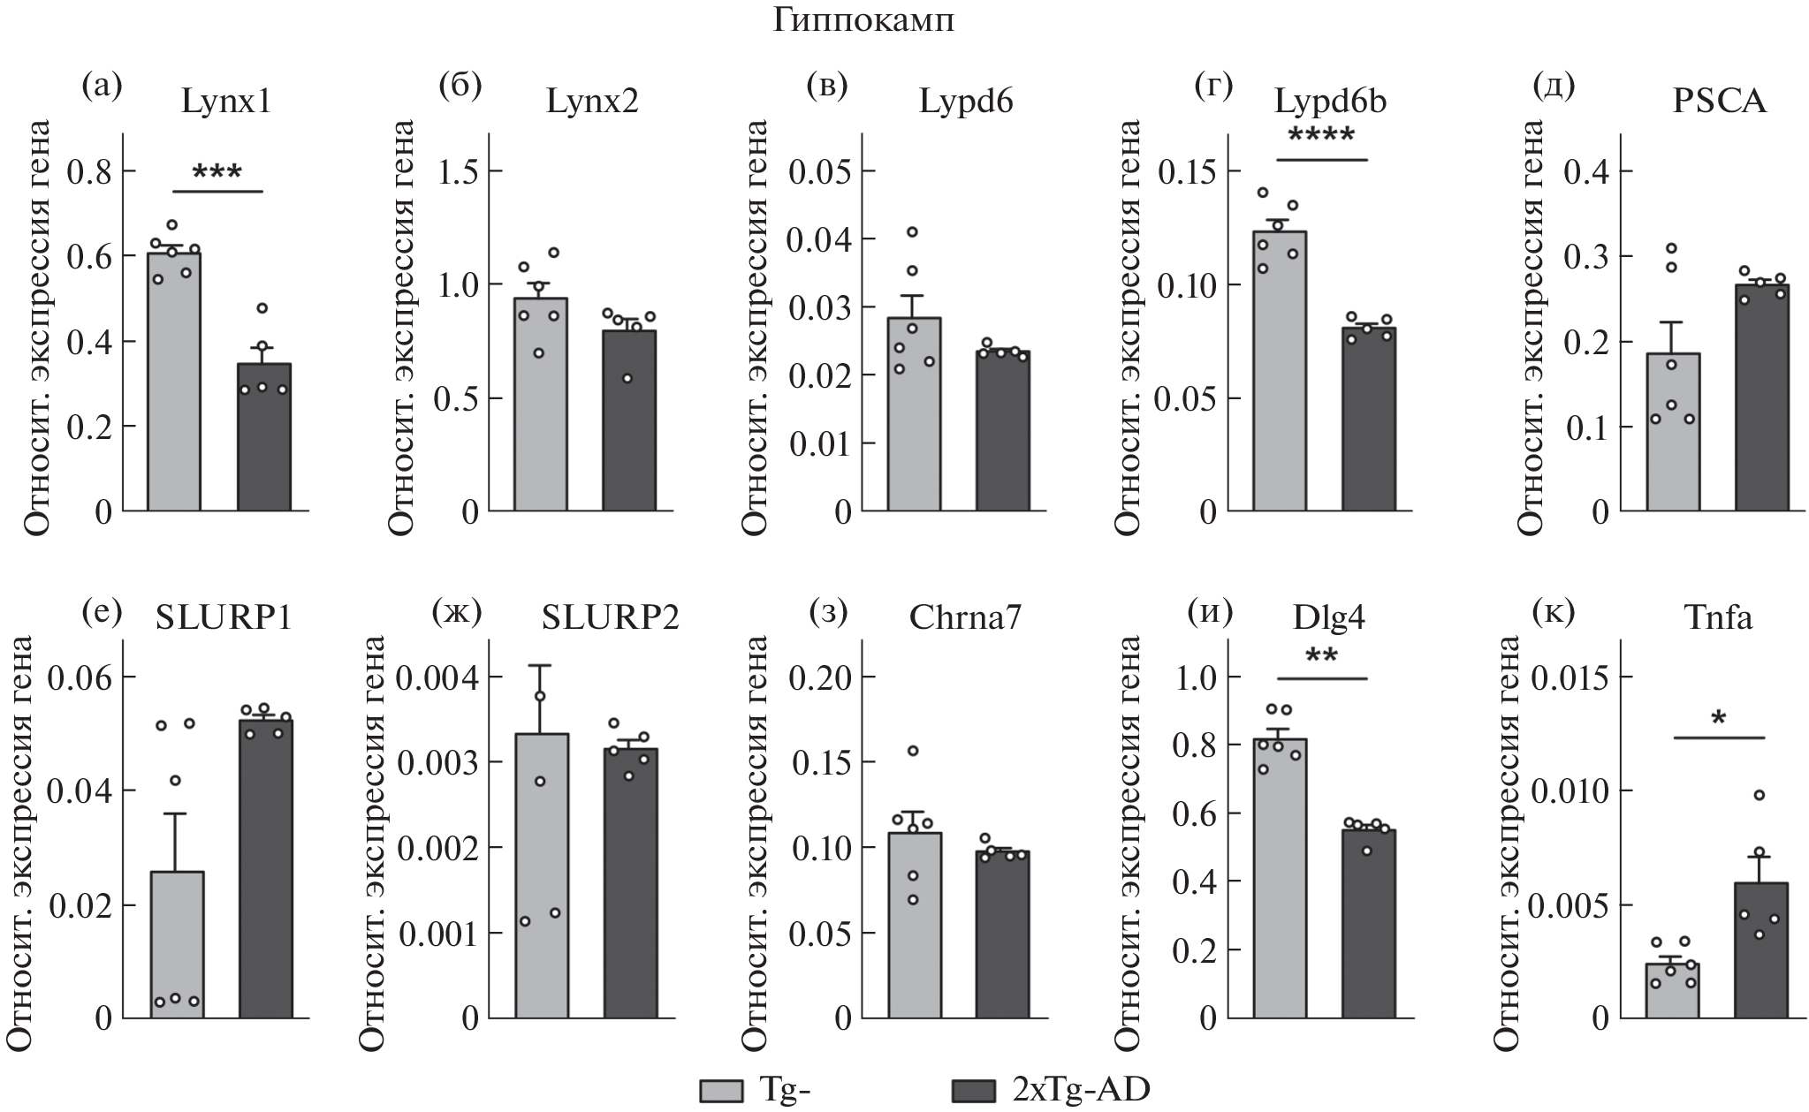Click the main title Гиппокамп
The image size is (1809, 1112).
click(x=863, y=21)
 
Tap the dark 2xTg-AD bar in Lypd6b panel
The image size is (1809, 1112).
click(x=1368, y=419)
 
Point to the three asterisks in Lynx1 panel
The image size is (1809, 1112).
click(x=217, y=171)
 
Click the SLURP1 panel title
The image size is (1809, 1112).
click(x=224, y=618)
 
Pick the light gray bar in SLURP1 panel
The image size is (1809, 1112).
click(x=177, y=945)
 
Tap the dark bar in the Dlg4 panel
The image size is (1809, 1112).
click(x=1368, y=923)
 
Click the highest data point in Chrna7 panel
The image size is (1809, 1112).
click(x=913, y=751)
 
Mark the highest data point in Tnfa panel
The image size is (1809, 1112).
click(x=1759, y=795)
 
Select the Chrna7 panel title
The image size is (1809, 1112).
click(x=965, y=618)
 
